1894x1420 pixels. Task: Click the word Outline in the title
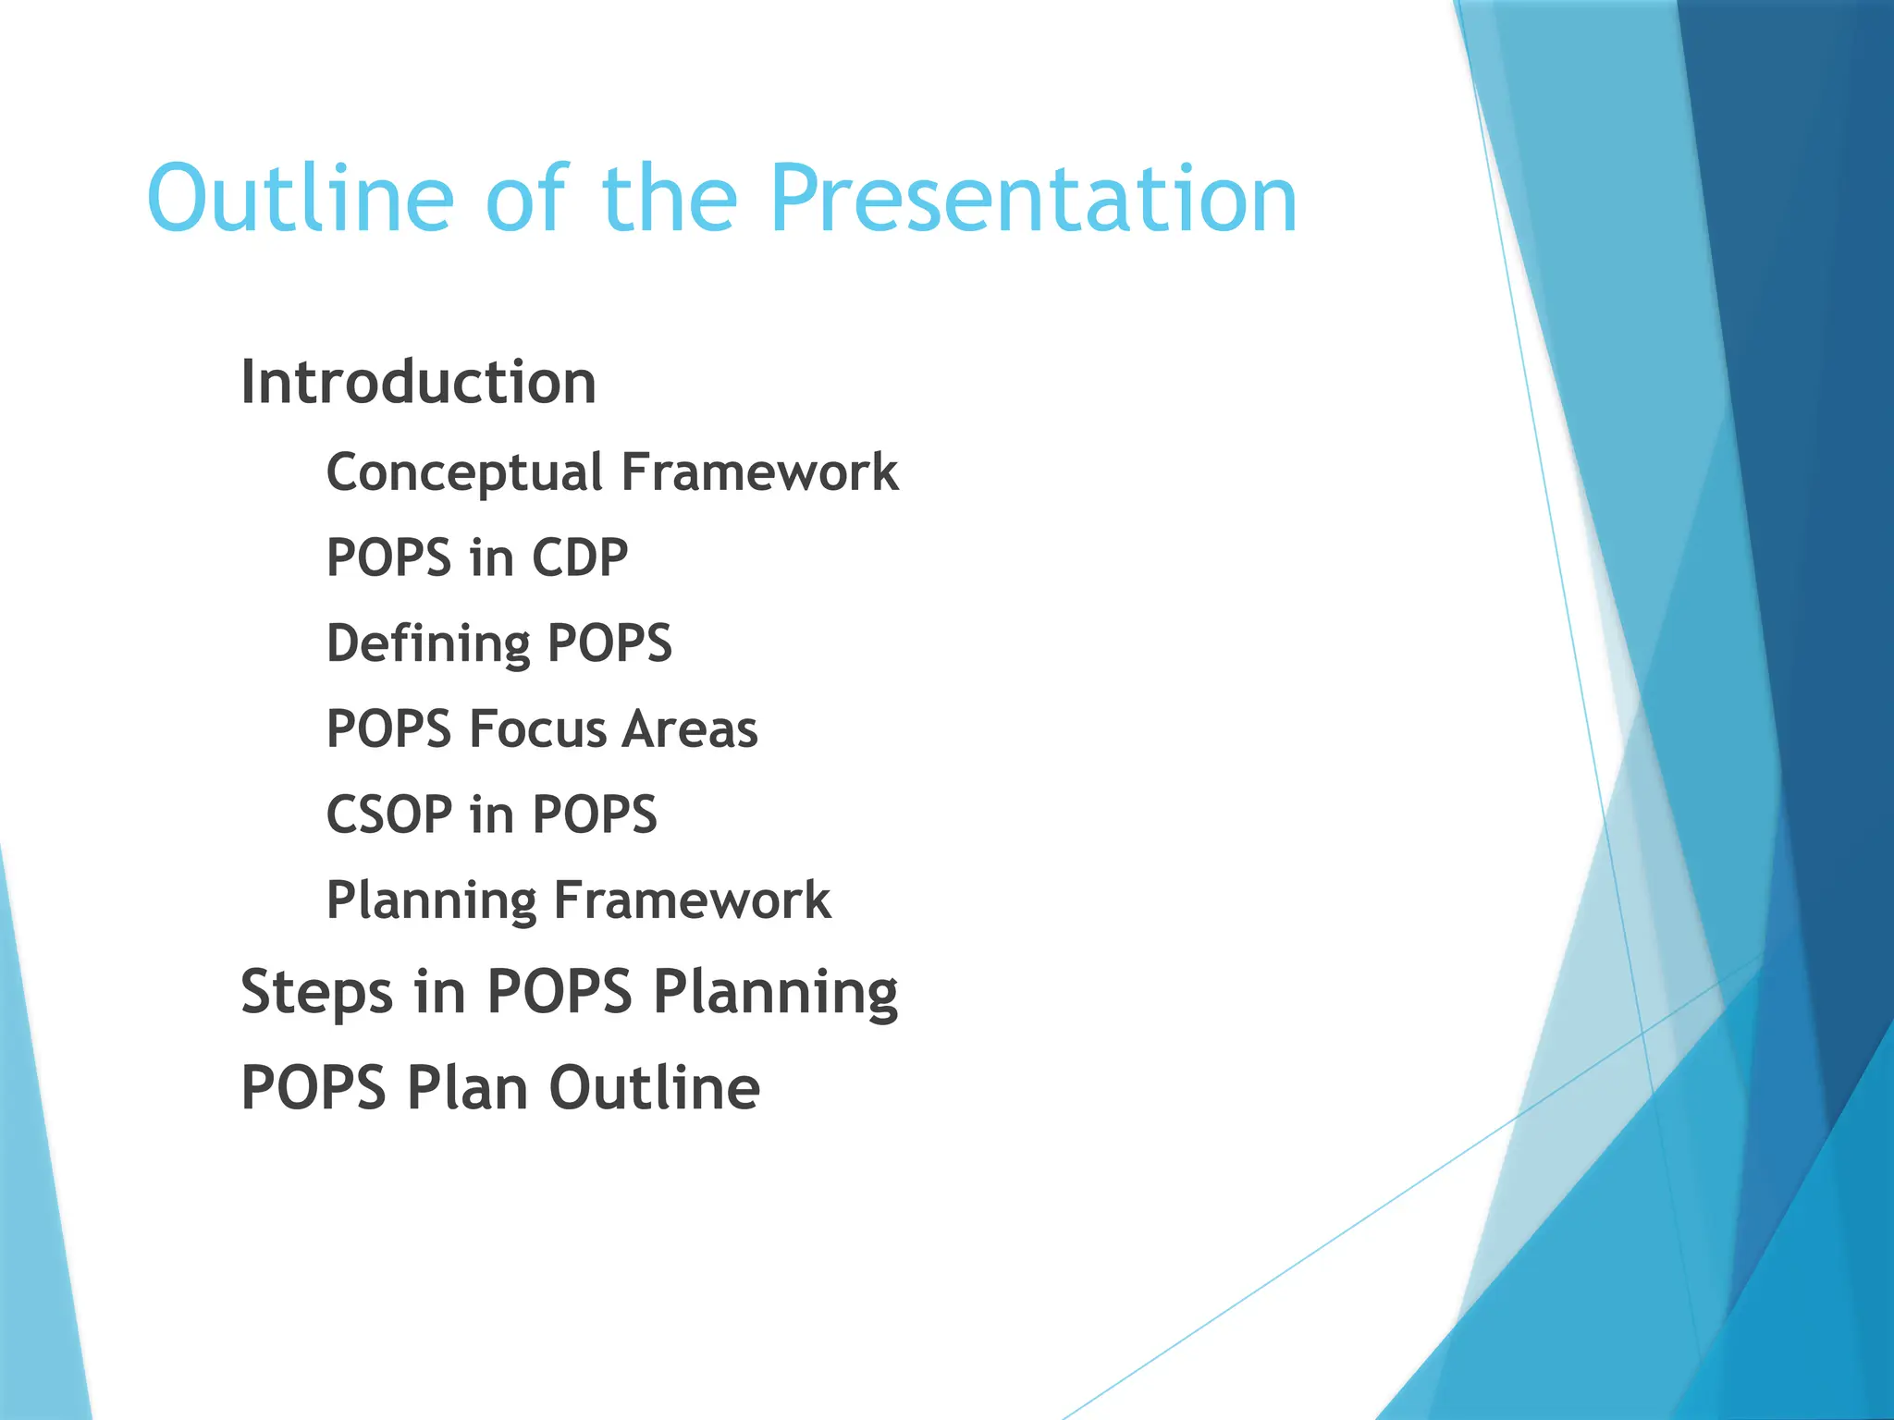tap(301, 199)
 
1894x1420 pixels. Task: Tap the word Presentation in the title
tap(1033, 199)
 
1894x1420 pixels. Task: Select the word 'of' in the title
tap(524, 199)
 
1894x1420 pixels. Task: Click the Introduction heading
tap(418, 383)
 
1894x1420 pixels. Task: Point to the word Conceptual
tap(464, 473)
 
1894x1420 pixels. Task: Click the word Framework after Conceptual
tap(759, 472)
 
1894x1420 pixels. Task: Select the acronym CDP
tap(580, 558)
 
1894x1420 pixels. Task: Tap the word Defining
tap(428, 643)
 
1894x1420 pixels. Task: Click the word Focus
tap(536, 729)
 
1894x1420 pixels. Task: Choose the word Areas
tap(690, 729)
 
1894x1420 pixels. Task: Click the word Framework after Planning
tap(692, 900)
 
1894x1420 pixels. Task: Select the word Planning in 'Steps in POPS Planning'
tap(775, 993)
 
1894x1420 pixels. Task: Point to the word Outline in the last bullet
tap(655, 1088)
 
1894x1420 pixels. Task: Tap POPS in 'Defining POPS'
tap(609, 643)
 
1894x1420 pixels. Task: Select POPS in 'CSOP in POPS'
tap(595, 815)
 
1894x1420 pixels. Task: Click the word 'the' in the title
tap(670, 199)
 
